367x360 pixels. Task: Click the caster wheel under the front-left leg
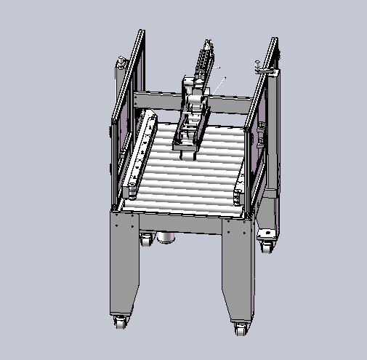(x=120, y=321)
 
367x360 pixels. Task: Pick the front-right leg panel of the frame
(x=237, y=269)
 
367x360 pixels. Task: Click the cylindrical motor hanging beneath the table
(x=167, y=237)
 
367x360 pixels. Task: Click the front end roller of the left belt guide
(x=134, y=191)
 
